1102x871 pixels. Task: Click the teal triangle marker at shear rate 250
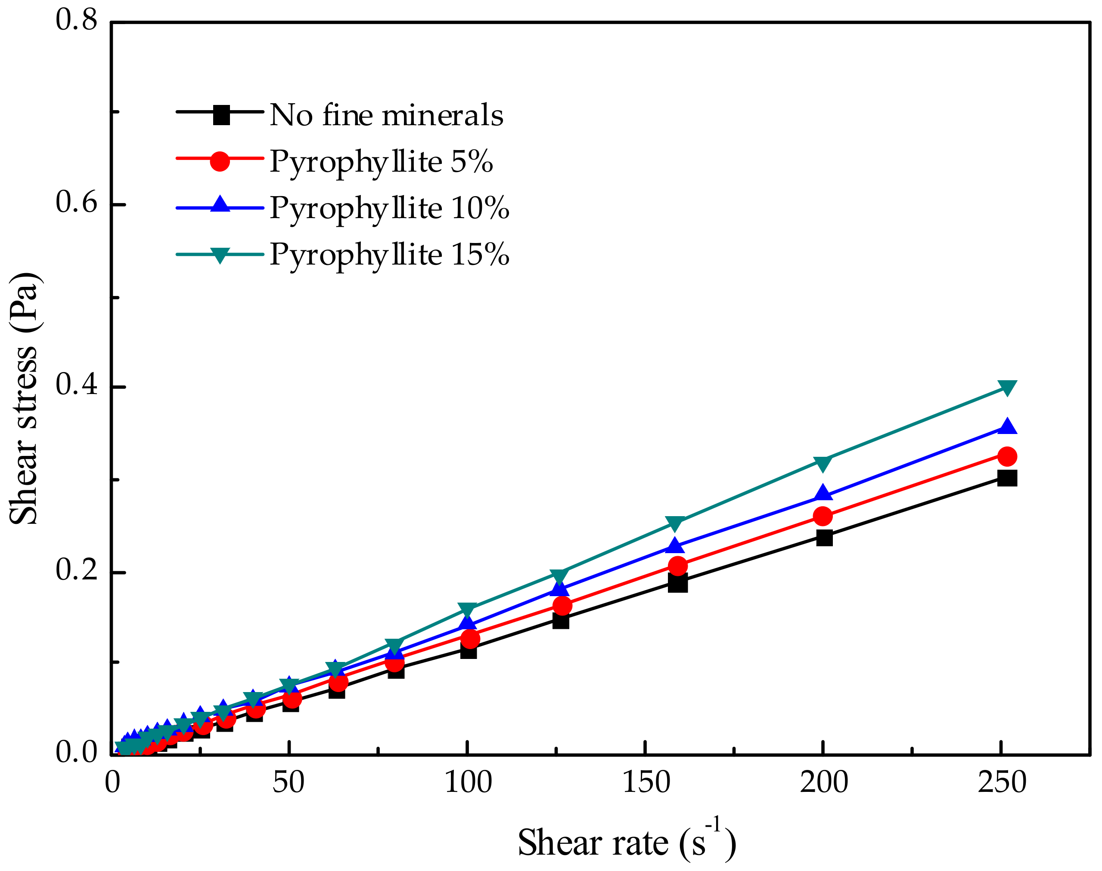[1006, 388]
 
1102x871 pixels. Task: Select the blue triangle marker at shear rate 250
[1006, 426]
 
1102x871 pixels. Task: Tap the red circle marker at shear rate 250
[1006, 456]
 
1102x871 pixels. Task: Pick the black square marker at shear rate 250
[1006, 478]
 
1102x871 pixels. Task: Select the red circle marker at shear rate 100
[469, 638]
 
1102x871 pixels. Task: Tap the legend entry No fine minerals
[386, 115]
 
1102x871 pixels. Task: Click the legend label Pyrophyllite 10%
[389, 208]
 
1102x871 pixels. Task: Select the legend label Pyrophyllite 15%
[389, 255]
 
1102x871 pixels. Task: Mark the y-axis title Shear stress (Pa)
[24, 399]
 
